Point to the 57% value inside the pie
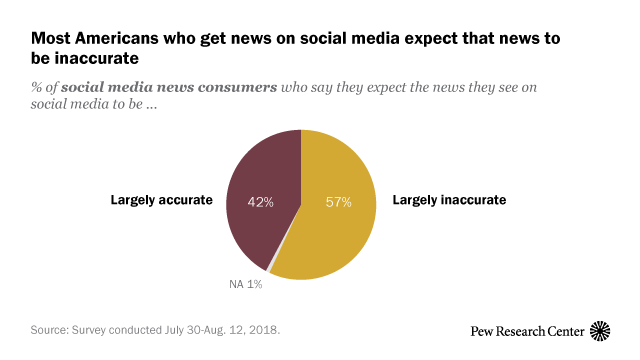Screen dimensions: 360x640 click(338, 201)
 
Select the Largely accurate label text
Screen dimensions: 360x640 click(161, 200)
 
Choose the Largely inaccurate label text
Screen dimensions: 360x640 click(450, 200)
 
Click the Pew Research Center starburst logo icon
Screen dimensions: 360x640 click(600, 329)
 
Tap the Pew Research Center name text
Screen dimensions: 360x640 click(526, 330)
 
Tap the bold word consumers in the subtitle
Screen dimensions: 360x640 click(238, 88)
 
